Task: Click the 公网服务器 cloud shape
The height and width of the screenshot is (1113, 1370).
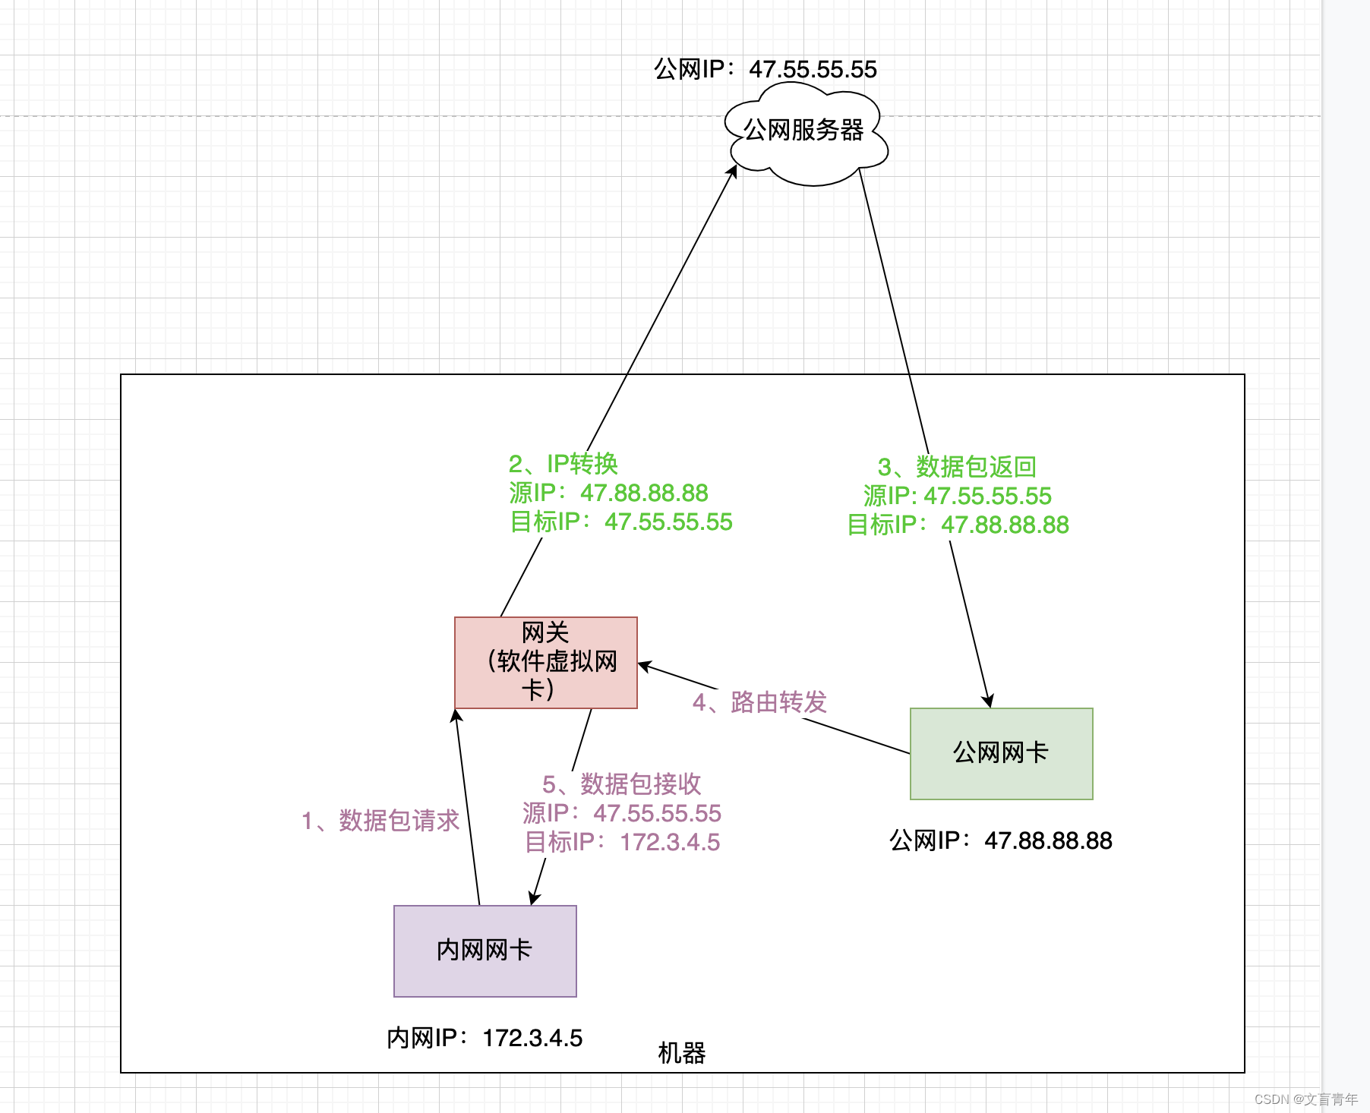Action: pyautogui.click(x=805, y=134)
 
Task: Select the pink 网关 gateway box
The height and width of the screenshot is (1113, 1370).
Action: pyautogui.click(x=545, y=662)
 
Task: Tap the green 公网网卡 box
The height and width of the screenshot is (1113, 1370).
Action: pyautogui.click(x=1001, y=753)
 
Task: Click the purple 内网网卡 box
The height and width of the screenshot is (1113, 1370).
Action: pyautogui.click(x=485, y=951)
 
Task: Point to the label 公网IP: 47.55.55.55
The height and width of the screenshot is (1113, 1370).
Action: pyautogui.click(x=765, y=69)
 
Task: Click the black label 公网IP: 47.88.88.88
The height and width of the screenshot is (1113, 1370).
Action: pyautogui.click(x=1000, y=840)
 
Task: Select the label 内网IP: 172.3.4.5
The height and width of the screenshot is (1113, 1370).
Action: pyautogui.click(x=485, y=1038)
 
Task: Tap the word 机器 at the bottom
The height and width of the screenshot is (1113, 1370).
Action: pyautogui.click(x=681, y=1053)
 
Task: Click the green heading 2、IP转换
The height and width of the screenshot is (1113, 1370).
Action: pyautogui.click(x=563, y=464)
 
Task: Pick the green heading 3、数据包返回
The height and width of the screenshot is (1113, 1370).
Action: pyautogui.click(x=957, y=467)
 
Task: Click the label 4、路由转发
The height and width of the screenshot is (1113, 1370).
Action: pyautogui.click(x=759, y=702)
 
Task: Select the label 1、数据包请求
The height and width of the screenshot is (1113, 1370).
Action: pyautogui.click(x=380, y=821)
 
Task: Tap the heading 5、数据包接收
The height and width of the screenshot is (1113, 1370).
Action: pyautogui.click(x=621, y=784)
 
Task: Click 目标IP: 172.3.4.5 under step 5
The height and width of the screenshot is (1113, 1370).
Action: pyautogui.click(x=622, y=842)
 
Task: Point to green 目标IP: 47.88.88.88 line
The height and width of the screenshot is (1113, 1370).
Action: pyautogui.click(x=958, y=525)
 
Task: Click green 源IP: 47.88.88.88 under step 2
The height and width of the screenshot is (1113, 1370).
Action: pyautogui.click(x=608, y=493)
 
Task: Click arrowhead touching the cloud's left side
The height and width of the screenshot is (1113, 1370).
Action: pyautogui.click(x=733, y=172)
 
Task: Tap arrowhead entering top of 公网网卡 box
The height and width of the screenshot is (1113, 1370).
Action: pyautogui.click(x=988, y=701)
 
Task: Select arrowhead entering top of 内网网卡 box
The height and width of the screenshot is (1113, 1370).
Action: pyautogui.click(x=534, y=898)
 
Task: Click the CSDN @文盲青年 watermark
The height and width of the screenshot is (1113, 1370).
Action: pyautogui.click(x=1305, y=1099)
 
